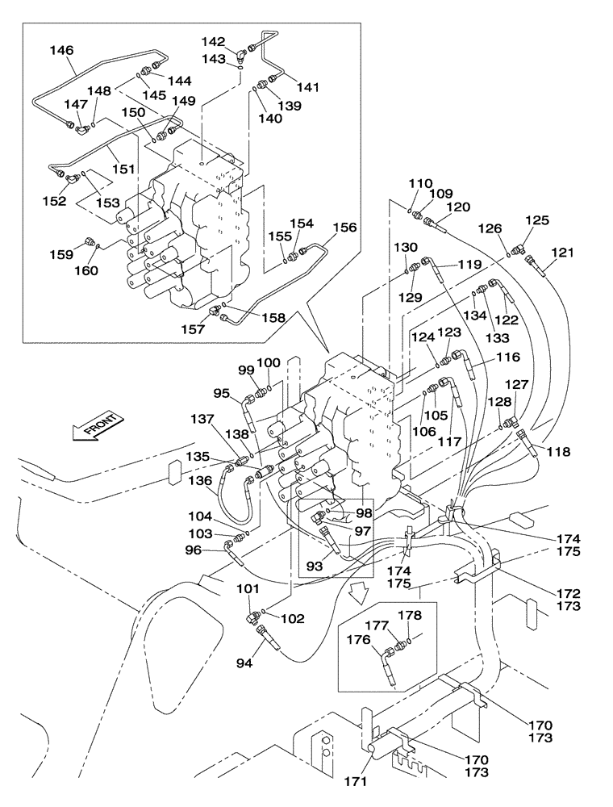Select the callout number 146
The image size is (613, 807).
pos(61,50)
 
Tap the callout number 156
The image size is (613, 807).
pos(343,228)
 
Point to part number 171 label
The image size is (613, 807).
pos(357,781)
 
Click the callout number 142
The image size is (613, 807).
pos(213,42)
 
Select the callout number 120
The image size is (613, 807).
pos(457,207)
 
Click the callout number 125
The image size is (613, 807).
pos(537,220)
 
